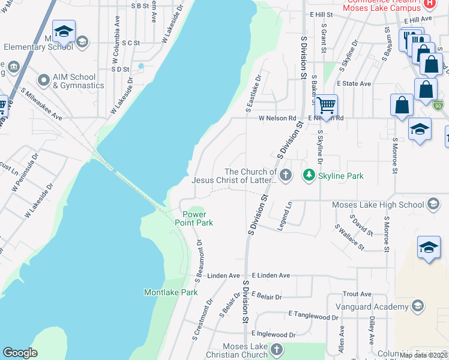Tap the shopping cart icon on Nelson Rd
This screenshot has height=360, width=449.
(x=326, y=106)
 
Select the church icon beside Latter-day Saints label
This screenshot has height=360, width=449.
(x=286, y=175)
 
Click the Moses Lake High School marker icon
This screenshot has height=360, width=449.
(x=433, y=205)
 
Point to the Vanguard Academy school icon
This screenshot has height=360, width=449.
(x=418, y=307)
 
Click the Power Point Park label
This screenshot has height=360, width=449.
(x=194, y=218)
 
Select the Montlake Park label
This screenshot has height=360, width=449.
(x=171, y=292)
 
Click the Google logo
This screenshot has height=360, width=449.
(x=20, y=353)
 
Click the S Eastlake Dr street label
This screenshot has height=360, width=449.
(x=253, y=94)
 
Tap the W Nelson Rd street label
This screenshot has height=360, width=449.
(x=277, y=118)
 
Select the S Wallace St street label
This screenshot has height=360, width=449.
(x=349, y=236)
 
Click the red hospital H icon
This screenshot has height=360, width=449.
(x=429, y=4)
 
